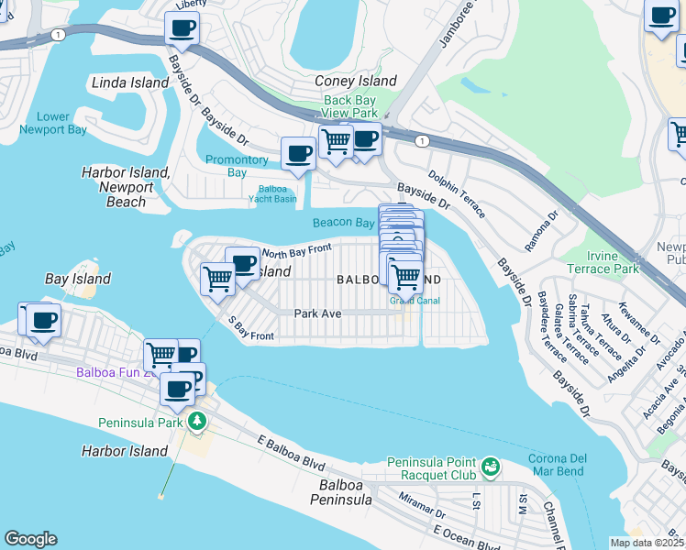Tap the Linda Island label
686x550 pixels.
(130, 83)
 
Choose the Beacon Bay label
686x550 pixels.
(343, 223)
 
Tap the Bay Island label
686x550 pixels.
(78, 279)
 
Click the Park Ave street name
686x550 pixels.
(317, 313)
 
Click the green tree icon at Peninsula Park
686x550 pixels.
(196, 422)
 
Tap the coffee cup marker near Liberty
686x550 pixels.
(182, 27)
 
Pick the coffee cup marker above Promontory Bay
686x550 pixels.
(297, 153)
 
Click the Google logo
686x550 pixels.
(30, 539)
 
